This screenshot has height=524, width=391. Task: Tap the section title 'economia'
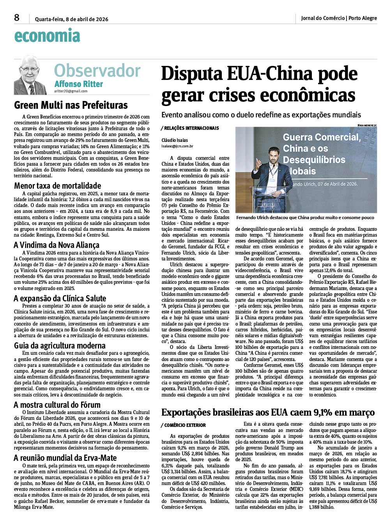point(47,36)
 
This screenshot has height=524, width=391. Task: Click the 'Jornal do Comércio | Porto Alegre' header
point(339,18)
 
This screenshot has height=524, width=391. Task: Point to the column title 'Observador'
point(97,71)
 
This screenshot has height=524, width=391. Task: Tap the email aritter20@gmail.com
point(71,91)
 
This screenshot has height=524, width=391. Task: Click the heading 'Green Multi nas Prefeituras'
point(71,105)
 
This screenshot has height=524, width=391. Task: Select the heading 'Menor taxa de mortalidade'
point(58,186)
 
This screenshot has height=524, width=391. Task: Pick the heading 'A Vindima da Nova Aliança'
point(57,245)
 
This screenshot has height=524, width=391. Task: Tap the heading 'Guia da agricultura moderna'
point(60,345)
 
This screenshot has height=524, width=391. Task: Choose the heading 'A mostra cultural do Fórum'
point(57,405)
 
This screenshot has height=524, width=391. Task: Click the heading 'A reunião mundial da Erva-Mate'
point(65,458)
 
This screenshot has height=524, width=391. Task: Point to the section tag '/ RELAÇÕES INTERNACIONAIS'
point(190,128)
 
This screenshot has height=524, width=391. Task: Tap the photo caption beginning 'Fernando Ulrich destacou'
point(305,218)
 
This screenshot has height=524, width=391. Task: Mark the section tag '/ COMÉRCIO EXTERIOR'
point(183,425)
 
